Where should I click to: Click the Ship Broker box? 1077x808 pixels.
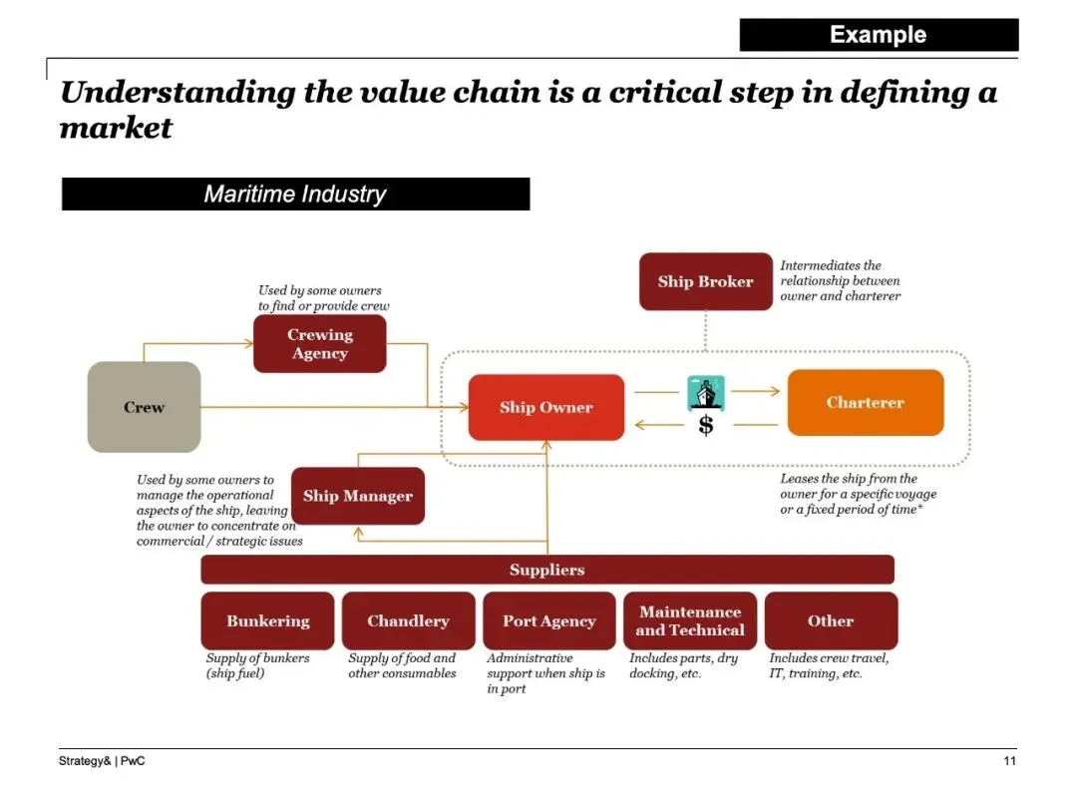coord(705,281)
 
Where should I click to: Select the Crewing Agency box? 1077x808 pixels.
coord(319,344)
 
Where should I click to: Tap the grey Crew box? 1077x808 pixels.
coord(144,407)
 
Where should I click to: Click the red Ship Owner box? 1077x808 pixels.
coord(545,407)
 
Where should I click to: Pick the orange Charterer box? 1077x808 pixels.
coord(865,403)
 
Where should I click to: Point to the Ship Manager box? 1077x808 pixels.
coord(357,496)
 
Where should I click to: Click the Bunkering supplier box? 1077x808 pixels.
coord(267,620)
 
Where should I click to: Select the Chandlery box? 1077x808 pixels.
coord(408,620)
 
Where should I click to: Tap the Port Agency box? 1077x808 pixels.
coord(548,620)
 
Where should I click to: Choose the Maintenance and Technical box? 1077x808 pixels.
coord(690,620)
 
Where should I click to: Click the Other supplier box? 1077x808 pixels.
coord(831,620)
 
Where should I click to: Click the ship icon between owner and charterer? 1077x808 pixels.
coord(706,392)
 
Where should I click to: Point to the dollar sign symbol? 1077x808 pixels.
coord(706,426)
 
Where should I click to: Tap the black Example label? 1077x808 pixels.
coord(879,35)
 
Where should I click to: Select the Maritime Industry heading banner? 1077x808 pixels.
coord(295,194)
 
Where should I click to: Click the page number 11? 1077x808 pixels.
coord(1009,762)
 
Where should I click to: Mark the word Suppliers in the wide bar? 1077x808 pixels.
coord(546,570)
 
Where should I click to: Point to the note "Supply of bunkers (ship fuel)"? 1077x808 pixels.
coord(257,665)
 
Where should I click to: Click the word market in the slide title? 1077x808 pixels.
coord(116,129)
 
